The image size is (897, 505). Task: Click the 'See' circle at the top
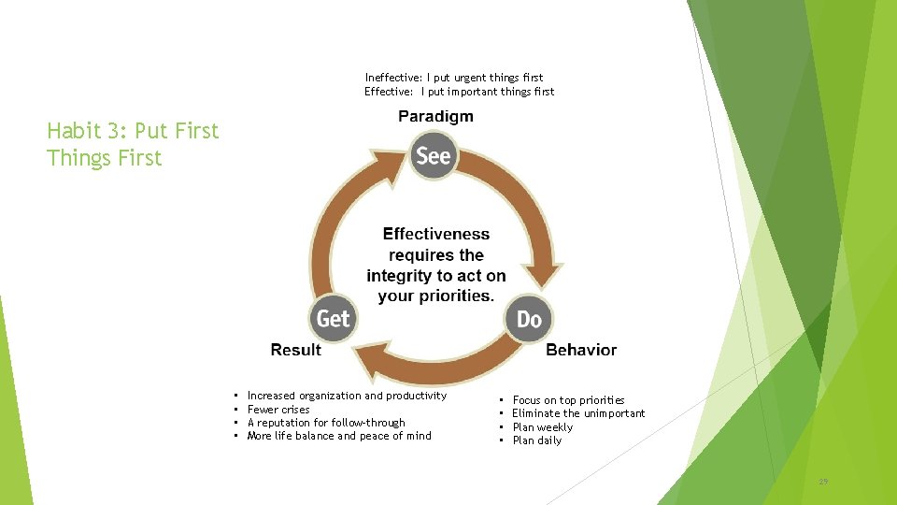pyautogui.click(x=433, y=155)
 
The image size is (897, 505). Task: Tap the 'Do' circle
pyautogui.click(x=529, y=320)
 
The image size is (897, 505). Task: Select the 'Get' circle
pyautogui.click(x=333, y=319)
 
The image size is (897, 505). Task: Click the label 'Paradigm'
pyautogui.click(x=435, y=116)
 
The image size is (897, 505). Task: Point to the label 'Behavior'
pyautogui.click(x=580, y=350)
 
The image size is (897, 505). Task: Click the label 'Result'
pyautogui.click(x=295, y=350)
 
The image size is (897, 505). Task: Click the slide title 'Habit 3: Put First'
pyautogui.click(x=133, y=131)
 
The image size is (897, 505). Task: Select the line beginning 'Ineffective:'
pyautogui.click(x=454, y=77)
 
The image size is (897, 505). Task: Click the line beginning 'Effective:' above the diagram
pyautogui.click(x=459, y=92)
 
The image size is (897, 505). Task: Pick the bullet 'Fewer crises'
pyautogui.click(x=278, y=410)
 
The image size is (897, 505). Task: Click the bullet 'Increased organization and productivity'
pyautogui.click(x=347, y=396)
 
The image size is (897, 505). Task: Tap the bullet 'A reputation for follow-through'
pyautogui.click(x=326, y=423)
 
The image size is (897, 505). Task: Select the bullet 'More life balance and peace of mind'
pyautogui.click(x=339, y=436)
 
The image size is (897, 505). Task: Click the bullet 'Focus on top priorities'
pyautogui.click(x=568, y=400)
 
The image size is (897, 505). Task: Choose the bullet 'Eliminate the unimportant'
pyautogui.click(x=578, y=413)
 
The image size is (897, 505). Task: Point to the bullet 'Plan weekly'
pyautogui.click(x=542, y=427)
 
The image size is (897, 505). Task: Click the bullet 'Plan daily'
pyautogui.click(x=537, y=440)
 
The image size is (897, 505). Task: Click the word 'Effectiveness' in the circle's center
pyautogui.click(x=435, y=234)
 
